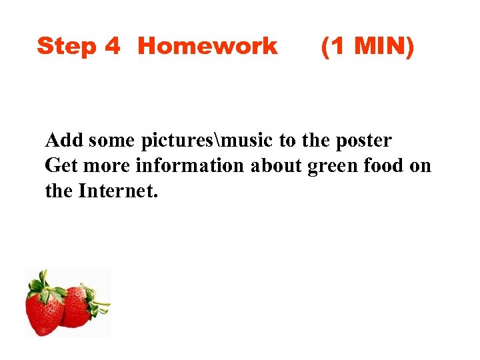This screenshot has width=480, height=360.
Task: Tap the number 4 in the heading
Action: (112, 46)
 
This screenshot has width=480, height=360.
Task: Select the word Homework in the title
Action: (207, 46)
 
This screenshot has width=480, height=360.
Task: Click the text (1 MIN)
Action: (367, 46)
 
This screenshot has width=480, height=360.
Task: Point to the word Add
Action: (64, 141)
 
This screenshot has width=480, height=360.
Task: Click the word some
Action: (111, 141)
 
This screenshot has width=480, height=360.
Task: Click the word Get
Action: (61, 165)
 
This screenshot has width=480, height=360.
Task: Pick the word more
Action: (103, 165)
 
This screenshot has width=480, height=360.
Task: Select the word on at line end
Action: (421, 165)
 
